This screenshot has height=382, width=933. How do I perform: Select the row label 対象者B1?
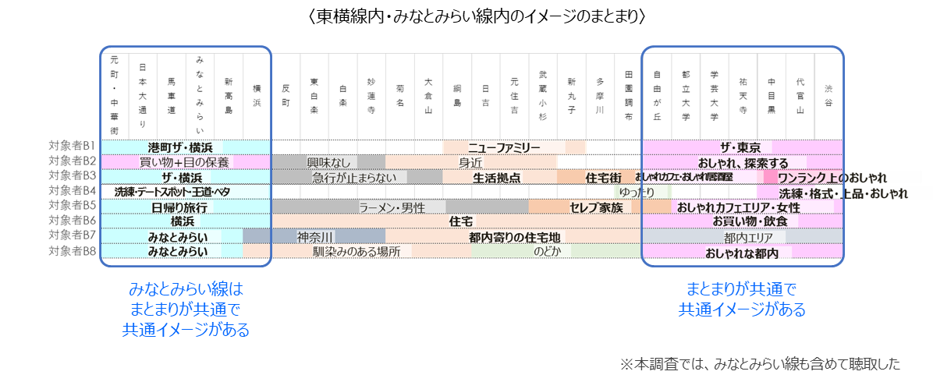pyautogui.click(x=72, y=147)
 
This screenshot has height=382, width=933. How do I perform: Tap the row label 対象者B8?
pyautogui.click(x=72, y=251)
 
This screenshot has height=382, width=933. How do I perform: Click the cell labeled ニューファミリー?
pyautogui.click(x=504, y=147)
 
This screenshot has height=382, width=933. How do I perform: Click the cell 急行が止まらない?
pyautogui.click(x=354, y=177)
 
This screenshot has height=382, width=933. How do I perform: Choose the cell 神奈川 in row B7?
pyautogui.click(x=315, y=236)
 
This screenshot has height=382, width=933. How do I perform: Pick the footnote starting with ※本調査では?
pyautogui.click(x=760, y=363)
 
